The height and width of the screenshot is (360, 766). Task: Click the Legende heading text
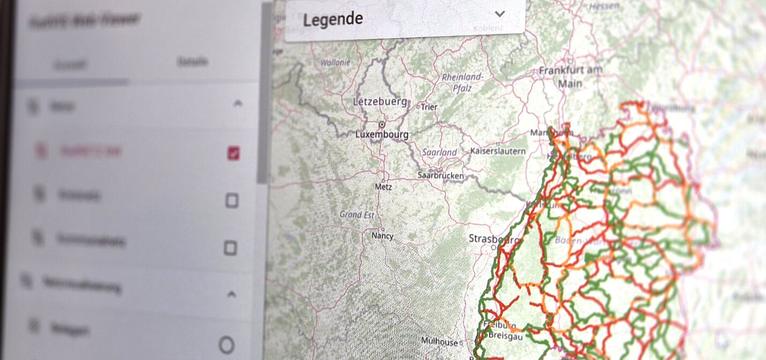(x=333, y=19)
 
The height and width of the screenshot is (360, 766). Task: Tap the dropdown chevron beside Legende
(x=500, y=14)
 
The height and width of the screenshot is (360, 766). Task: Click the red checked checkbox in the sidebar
(x=233, y=154)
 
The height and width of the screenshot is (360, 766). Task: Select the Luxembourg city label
(x=382, y=134)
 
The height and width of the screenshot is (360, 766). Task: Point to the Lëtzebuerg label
(x=380, y=101)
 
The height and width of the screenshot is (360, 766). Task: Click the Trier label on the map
(x=429, y=107)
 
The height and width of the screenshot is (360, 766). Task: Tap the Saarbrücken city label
(x=440, y=175)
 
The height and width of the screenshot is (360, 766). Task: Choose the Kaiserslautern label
(x=498, y=151)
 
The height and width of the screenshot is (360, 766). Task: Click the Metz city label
(x=384, y=187)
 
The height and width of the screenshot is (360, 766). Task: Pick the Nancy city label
(x=382, y=236)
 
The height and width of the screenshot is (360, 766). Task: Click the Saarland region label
(x=439, y=152)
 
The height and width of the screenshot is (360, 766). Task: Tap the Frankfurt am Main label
(x=570, y=76)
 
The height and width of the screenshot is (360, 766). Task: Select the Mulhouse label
(x=439, y=341)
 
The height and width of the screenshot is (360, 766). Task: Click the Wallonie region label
(x=335, y=62)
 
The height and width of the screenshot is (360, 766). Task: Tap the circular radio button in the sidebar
(x=227, y=345)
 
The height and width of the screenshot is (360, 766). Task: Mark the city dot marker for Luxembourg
(x=382, y=124)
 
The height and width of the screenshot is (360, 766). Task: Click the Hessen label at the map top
(x=605, y=6)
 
